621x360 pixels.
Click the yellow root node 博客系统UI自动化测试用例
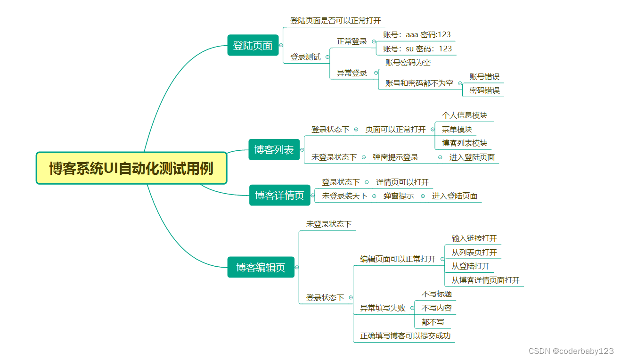pyautogui.click(x=131, y=168)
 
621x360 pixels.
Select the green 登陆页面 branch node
pyautogui.click(x=253, y=46)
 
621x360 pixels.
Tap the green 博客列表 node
pyautogui.click(x=274, y=150)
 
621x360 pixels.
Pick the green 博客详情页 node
pyautogui.click(x=279, y=195)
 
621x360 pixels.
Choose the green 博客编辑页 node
pyautogui.click(x=261, y=267)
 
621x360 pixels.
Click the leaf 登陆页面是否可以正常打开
pyautogui.click(x=335, y=21)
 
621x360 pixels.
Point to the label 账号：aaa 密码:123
pyautogui.click(x=417, y=34)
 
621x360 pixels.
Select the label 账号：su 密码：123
pyautogui.click(x=417, y=49)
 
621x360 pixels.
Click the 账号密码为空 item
pyautogui.click(x=408, y=62)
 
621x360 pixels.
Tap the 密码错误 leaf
pyautogui.click(x=484, y=90)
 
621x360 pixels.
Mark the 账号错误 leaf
pyautogui.click(x=484, y=77)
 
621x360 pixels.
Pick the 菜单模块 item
pyautogui.click(x=457, y=129)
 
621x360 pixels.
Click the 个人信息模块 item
pyautogui.click(x=464, y=115)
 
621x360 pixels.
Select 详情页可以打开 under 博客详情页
pyautogui.click(x=402, y=182)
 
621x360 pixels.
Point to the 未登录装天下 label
pyautogui.click(x=344, y=196)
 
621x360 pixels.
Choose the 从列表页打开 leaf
pyautogui.click(x=474, y=253)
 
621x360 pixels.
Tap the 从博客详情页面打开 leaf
pyautogui.click(x=485, y=280)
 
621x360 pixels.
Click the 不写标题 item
pyautogui.click(x=436, y=294)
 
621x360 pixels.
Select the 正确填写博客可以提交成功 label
pyautogui.click(x=405, y=336)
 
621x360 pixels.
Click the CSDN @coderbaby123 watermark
pyautogui.click(x=571, y=351)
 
